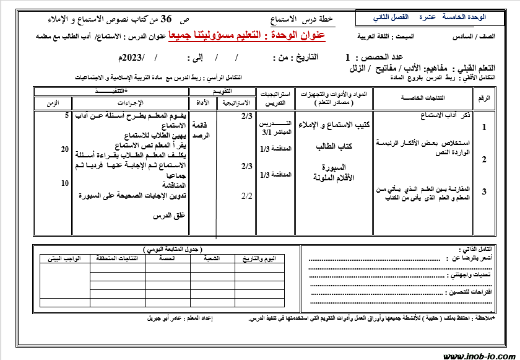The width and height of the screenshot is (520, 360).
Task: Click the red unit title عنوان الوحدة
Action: coord(247,37)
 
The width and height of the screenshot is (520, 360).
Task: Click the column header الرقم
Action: coord(483,98)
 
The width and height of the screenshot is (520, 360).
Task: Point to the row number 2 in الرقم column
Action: coord(483,159)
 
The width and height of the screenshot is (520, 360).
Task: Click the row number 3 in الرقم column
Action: coord(483,191)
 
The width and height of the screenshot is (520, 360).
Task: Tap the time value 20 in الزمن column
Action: coord(65,149)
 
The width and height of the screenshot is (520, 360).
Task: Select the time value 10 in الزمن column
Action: coord(65,183)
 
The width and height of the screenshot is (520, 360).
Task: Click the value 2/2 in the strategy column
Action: coord(246,196)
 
